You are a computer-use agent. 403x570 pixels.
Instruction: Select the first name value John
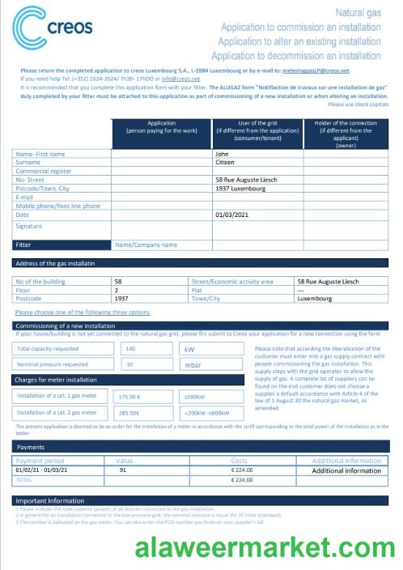222,153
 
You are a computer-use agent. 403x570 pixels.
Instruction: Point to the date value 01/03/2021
232,215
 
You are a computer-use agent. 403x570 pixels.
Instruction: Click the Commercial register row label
44,171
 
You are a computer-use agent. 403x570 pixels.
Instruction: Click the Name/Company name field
146,244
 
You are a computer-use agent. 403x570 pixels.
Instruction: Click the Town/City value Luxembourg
315,298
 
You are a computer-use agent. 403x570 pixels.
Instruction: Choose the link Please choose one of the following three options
82,312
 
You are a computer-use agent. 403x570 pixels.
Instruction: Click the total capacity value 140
130,348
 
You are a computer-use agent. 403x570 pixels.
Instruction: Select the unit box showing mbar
192,364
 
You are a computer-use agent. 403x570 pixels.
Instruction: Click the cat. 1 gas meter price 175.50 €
129,397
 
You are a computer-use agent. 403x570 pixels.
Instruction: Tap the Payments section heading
31,446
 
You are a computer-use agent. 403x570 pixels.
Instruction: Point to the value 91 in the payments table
123,470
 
